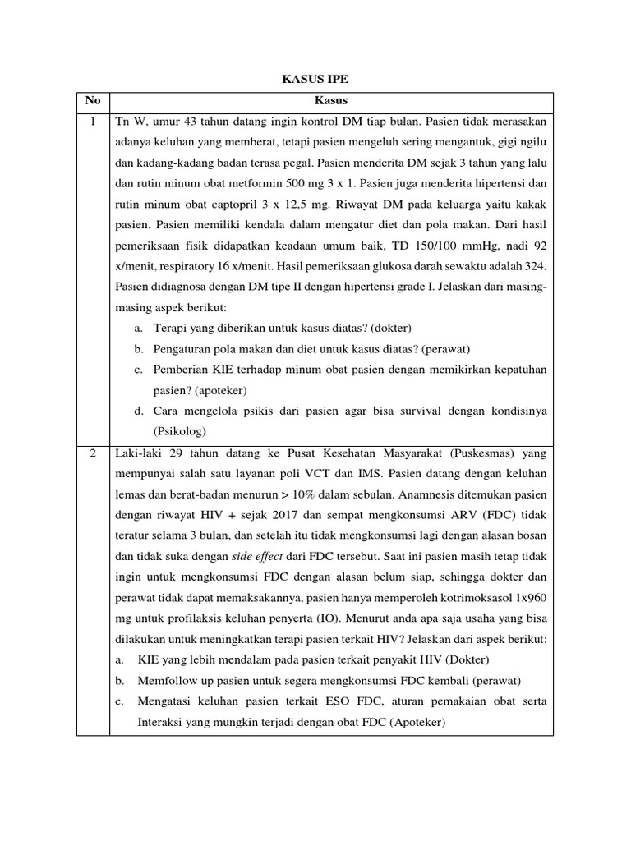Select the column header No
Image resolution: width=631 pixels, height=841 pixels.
tap(93, 101)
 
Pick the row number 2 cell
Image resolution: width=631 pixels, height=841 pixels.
tap(93, 453)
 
